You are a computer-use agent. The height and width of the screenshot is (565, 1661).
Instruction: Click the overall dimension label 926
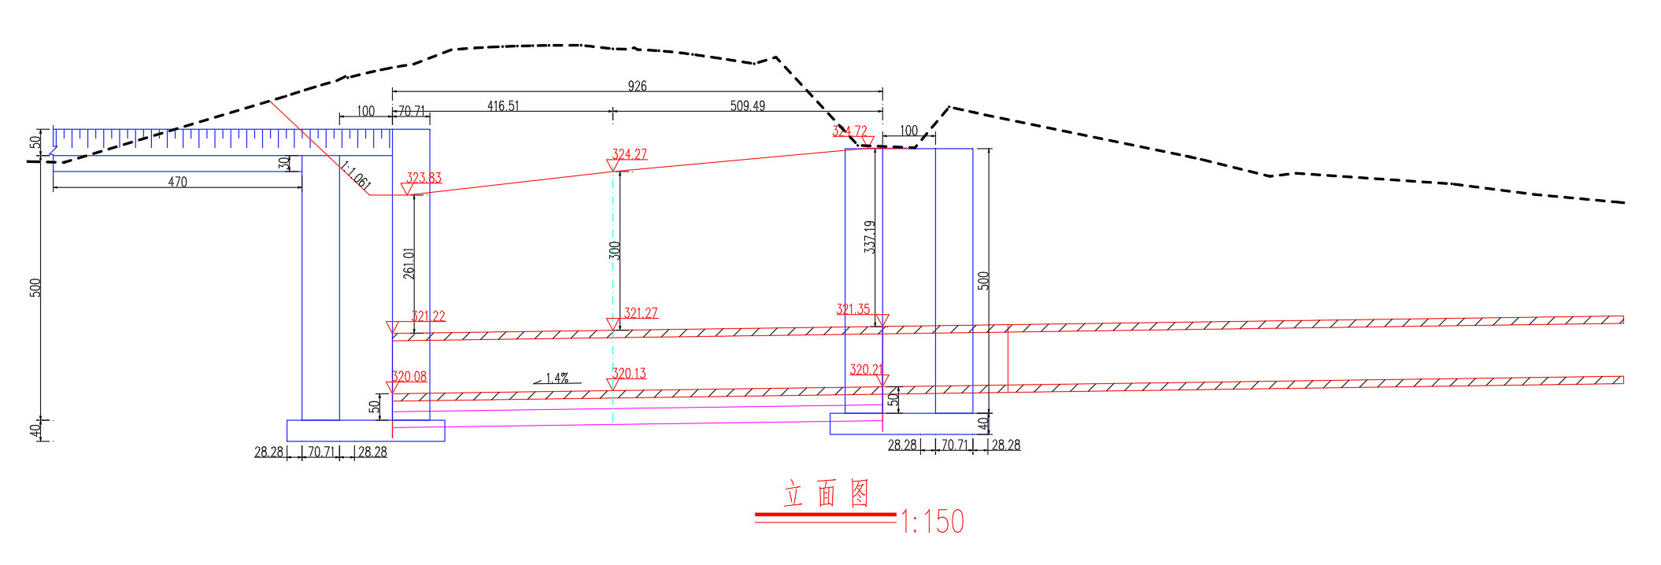click(638, 86)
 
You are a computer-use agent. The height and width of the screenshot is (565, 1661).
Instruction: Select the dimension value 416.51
click(503, 105)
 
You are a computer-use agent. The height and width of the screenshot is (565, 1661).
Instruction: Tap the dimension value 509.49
click(747, 105)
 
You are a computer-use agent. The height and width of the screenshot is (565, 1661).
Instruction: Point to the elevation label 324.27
click(630, 154)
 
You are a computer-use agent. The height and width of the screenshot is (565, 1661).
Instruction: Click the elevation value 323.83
click(424, 178)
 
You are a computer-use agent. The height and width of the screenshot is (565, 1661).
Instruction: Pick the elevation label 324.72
click(849, 131)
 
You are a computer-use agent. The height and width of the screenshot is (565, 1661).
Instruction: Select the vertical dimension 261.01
click(409, 263)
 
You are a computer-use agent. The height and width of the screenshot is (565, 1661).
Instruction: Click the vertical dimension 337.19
click(869, 236)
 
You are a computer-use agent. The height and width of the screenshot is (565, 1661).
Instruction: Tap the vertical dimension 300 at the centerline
click(615, 250)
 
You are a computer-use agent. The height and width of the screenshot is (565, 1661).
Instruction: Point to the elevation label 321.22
click(428, 316)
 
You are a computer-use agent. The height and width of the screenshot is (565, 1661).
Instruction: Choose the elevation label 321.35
click(853, 309)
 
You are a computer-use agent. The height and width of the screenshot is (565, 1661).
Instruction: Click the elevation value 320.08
click(409, 377)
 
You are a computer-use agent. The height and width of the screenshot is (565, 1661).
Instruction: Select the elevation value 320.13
click(629, 373)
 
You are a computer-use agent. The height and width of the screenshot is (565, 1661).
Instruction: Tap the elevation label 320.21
click(866, 369)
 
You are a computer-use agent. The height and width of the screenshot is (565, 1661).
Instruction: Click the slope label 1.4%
click(557, 379)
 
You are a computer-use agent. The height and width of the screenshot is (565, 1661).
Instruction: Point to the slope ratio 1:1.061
click(355, 175)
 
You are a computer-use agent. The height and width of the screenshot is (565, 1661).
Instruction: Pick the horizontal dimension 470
click(178, 182)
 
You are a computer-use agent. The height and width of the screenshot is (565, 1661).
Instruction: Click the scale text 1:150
click(932, 522)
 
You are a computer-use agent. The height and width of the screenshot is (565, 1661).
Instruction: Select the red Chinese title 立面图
click(827, 494)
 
